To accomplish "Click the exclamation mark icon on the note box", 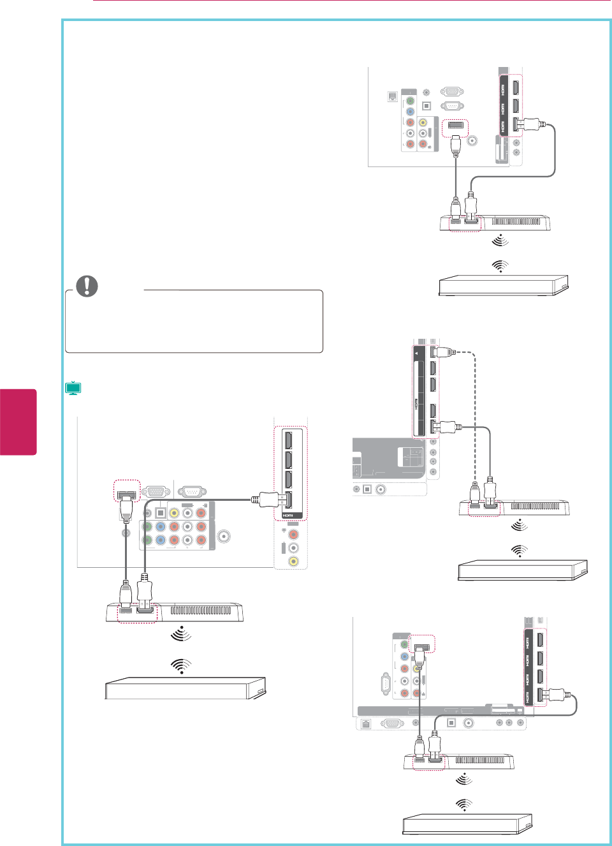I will pyautogui.click(x=87, y=286).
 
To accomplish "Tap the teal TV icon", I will pyautogui.click(x=73, y=388).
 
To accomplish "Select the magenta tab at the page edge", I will pyautogui.click(x=18, y=422).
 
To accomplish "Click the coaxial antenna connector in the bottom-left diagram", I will pyautogui.click(x=224, y=537).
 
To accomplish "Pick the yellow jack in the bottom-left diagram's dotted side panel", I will pyautogui.click(x=293, y=561).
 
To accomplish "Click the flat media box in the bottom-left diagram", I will pyautogui.click(x=185, y=688).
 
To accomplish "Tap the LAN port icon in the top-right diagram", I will pyautogui.click(x=393, y=97).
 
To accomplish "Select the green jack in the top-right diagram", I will pyautogui.click(x=410, y=101).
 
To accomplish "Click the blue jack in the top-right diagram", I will pyautogui.click(x=410, y=112).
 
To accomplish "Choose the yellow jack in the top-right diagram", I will pyautogui.click(x=422, y=122).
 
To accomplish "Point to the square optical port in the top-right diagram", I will pyautogui.click(x=427, y=105).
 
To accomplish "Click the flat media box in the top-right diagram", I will pyautogui.click(x=502, y=285).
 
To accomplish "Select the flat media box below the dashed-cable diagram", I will pyautogui.click(x=521, y=570).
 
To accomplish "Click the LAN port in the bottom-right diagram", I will pyautogui.click(x=366, y=724).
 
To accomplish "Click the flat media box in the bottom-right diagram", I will pyautogui.click(x=467, y=824).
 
